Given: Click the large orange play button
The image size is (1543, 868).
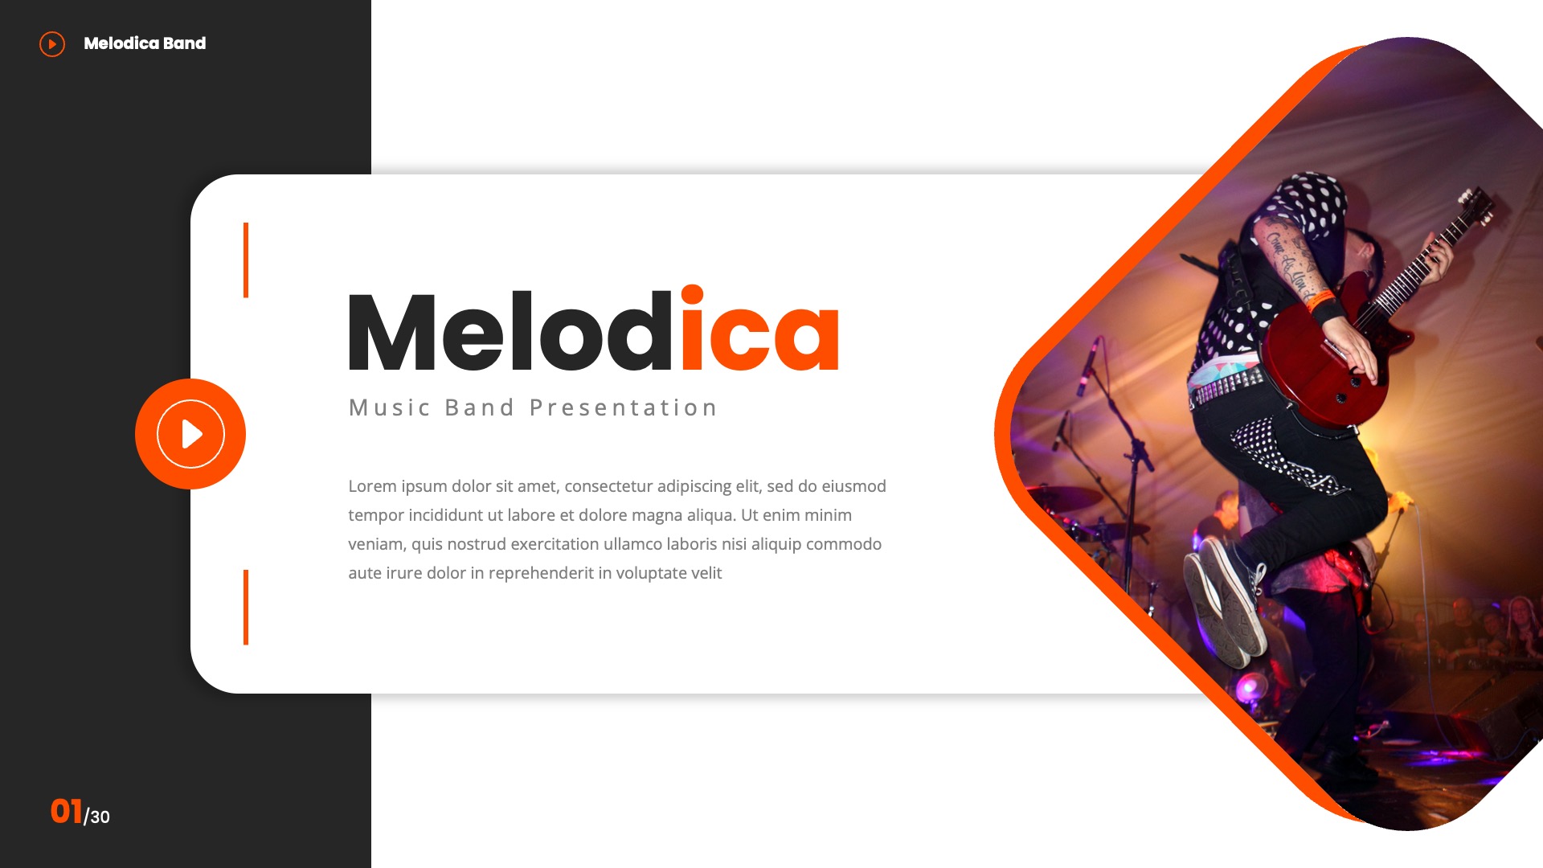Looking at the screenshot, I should tap(190, 434).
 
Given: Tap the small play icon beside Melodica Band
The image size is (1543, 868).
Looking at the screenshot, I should tap(52, 43).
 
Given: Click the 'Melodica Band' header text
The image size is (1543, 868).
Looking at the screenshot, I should tap(145, 43).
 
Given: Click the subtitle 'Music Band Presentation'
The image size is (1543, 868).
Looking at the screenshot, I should tap(533, 408).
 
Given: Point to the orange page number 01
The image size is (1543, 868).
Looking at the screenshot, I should tap(66, 812).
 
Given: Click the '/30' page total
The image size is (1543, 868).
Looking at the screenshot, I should tap(97, 817).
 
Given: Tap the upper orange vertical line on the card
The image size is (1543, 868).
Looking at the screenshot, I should tap(246, 260).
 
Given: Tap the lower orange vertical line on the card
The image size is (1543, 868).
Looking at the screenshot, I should tap(246, 608).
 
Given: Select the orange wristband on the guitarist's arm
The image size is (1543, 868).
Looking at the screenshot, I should tap(1319, 301).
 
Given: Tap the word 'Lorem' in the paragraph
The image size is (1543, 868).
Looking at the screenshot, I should tap(372, 486).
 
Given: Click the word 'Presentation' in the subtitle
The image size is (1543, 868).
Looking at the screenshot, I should tap(623, 408).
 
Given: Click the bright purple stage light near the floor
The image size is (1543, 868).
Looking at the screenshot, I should tap(1250, 687).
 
